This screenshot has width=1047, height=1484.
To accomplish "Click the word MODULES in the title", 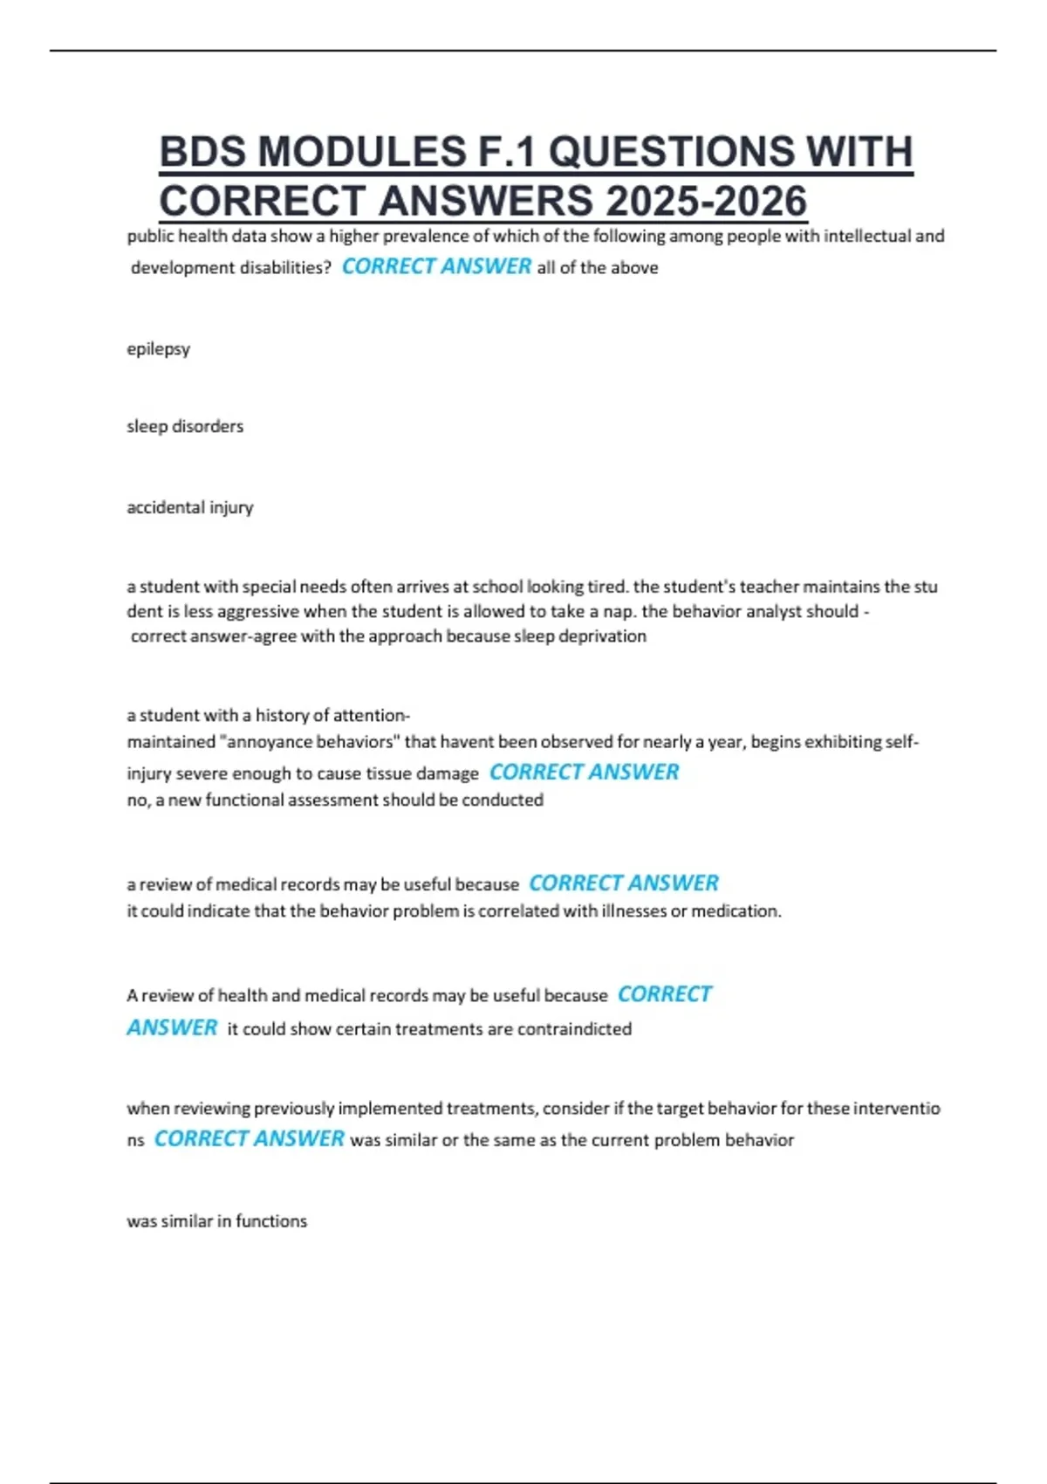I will (x=363, y=152).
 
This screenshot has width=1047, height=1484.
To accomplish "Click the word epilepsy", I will (x=158, y=349).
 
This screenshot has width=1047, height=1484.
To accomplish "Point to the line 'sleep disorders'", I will (x=185, y=427).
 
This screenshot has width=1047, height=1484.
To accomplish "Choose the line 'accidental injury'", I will (x=190, y=507).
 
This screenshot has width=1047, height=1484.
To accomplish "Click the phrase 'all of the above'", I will (x=598, y=268).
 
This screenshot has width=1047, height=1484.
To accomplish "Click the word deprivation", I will (x=602, y=636).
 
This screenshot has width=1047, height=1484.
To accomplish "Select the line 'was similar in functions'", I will (x=216, y=1221).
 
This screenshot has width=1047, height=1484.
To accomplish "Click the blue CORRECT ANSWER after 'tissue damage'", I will (x=584, y=772).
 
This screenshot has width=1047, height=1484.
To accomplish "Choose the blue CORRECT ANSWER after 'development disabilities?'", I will (x=436, y=266).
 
